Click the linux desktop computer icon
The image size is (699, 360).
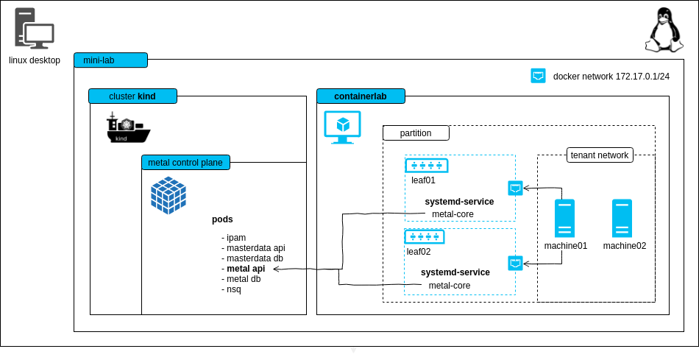(34, 29)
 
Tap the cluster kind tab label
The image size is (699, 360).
(132, 96)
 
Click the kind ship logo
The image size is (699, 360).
(128, 128)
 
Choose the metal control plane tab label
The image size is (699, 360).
(186, 162)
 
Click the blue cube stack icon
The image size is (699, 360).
(168, 195)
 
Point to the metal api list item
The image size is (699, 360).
(246, 269)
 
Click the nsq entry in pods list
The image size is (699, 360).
(233, 289)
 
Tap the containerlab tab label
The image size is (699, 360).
(361, 96)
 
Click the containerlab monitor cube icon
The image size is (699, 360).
(342, 127)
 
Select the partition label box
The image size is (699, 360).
(415, 133)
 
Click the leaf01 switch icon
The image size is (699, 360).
(426, 166)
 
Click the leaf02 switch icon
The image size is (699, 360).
(424, 236)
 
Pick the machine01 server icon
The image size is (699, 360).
(565, 218)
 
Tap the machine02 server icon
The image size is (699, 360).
(622, 218)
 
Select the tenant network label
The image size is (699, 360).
(600, 155)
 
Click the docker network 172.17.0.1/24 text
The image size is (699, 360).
(611, 76)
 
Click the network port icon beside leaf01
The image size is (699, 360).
(516, 188)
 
